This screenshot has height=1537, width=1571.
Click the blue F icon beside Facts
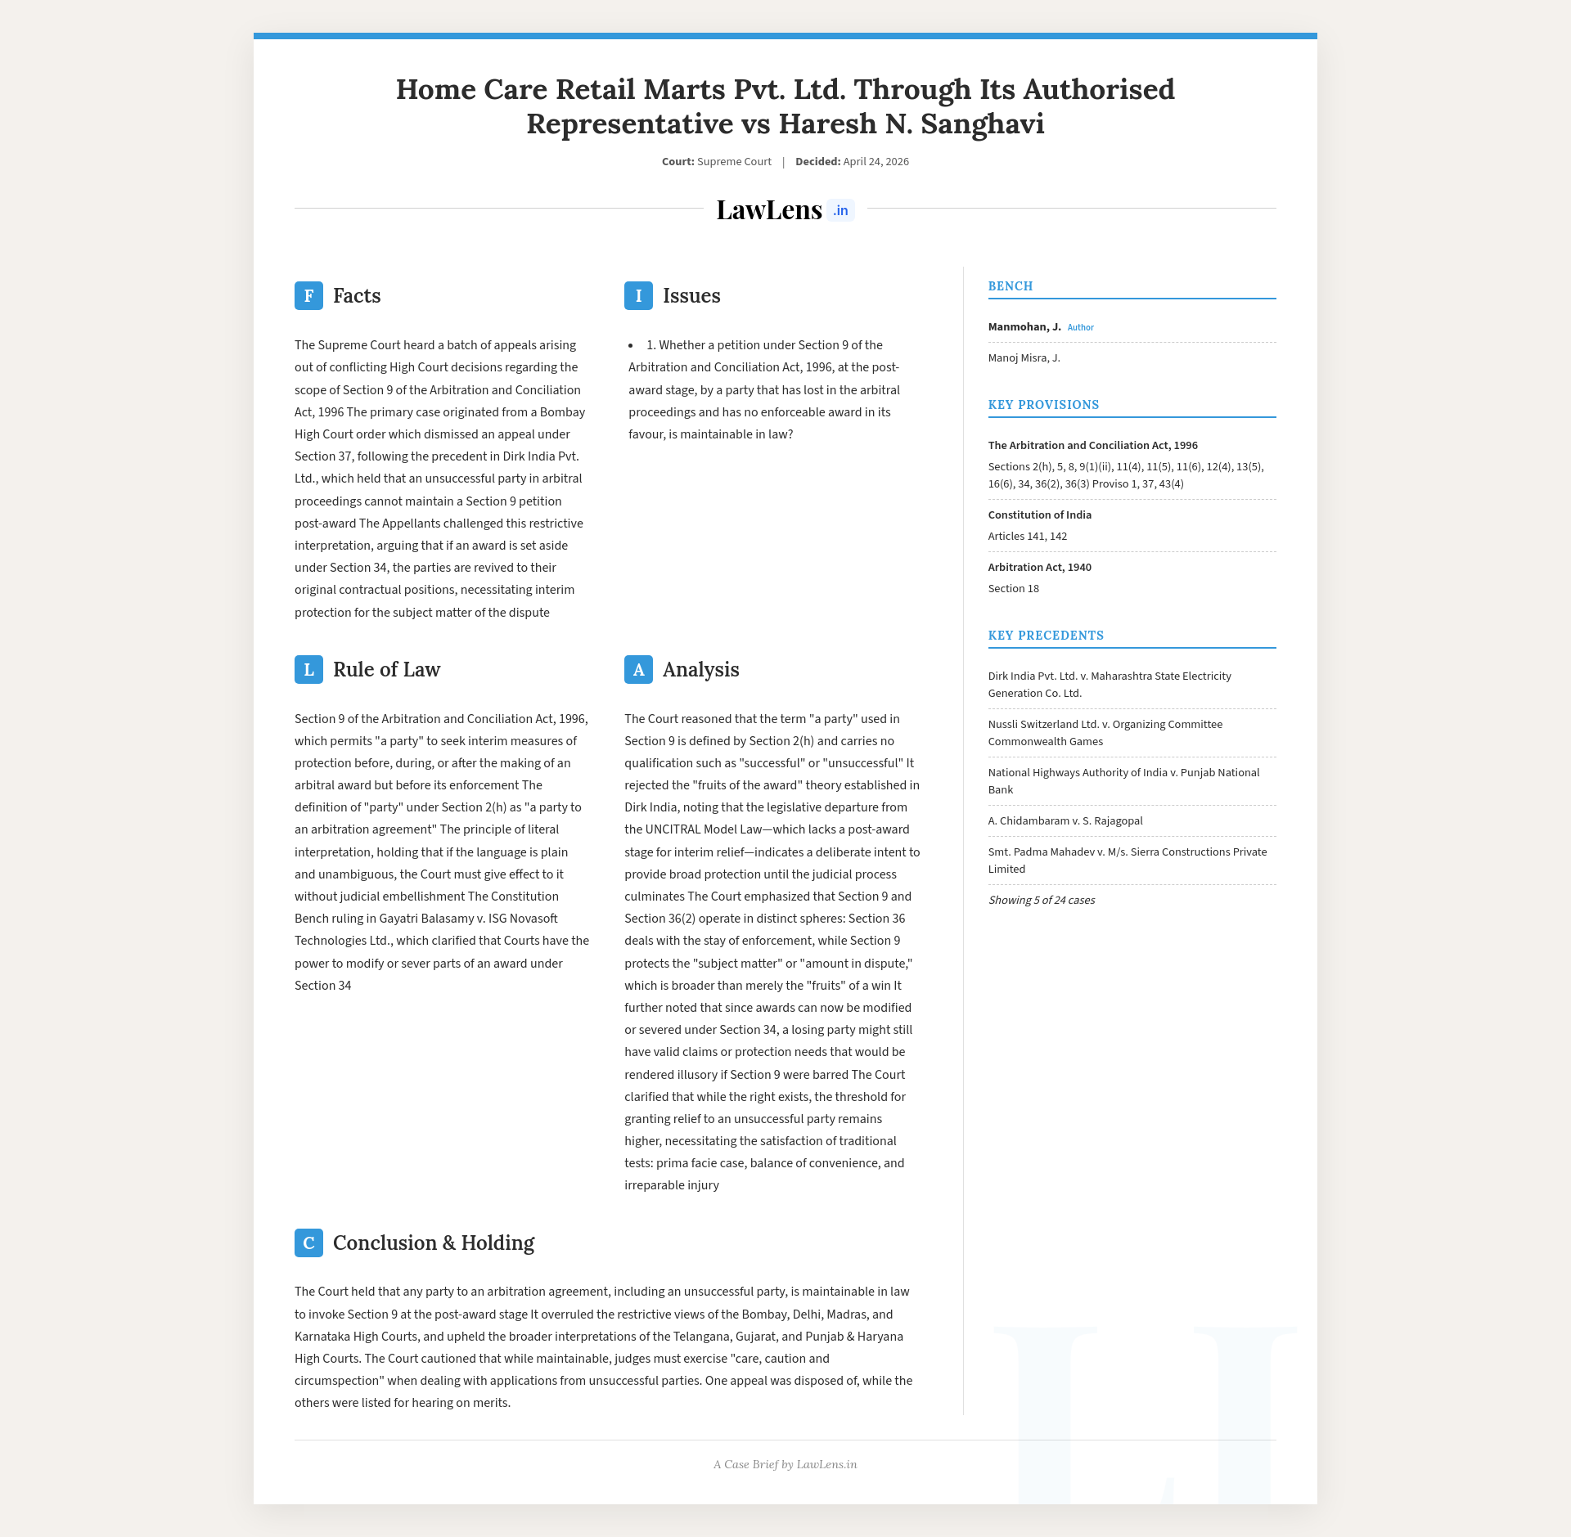tap(308, 295)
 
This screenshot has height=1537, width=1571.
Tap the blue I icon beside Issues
tap(638, 295)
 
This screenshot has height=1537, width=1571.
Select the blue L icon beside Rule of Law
tap(308, 669)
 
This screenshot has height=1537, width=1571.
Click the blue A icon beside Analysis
tap(638, 669)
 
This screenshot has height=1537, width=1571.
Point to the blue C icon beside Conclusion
tap(308, 1243)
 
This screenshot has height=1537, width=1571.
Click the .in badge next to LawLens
tap(840, 210)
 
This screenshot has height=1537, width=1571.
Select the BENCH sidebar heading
tap(1011, 286)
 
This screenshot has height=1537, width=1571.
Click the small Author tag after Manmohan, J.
tap(1080, 327)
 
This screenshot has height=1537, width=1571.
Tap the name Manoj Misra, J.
tap(1024, 357)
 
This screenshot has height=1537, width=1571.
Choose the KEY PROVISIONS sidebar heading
tap(1043, 405)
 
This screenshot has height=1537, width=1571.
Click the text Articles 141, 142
tap(1027, 536)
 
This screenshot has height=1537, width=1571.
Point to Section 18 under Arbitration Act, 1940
tap(1013, 588)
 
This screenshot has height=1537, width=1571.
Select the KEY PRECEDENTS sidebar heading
tap(1046, 636)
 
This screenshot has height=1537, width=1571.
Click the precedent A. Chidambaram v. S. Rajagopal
tap(1065, 820)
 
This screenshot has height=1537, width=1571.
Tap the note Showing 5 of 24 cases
tap(1041, 900)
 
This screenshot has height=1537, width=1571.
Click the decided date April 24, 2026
tap(876, 161)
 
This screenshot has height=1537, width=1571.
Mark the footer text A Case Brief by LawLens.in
tap(785, 1464)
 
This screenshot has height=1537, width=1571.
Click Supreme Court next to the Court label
tap(734, 161)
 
